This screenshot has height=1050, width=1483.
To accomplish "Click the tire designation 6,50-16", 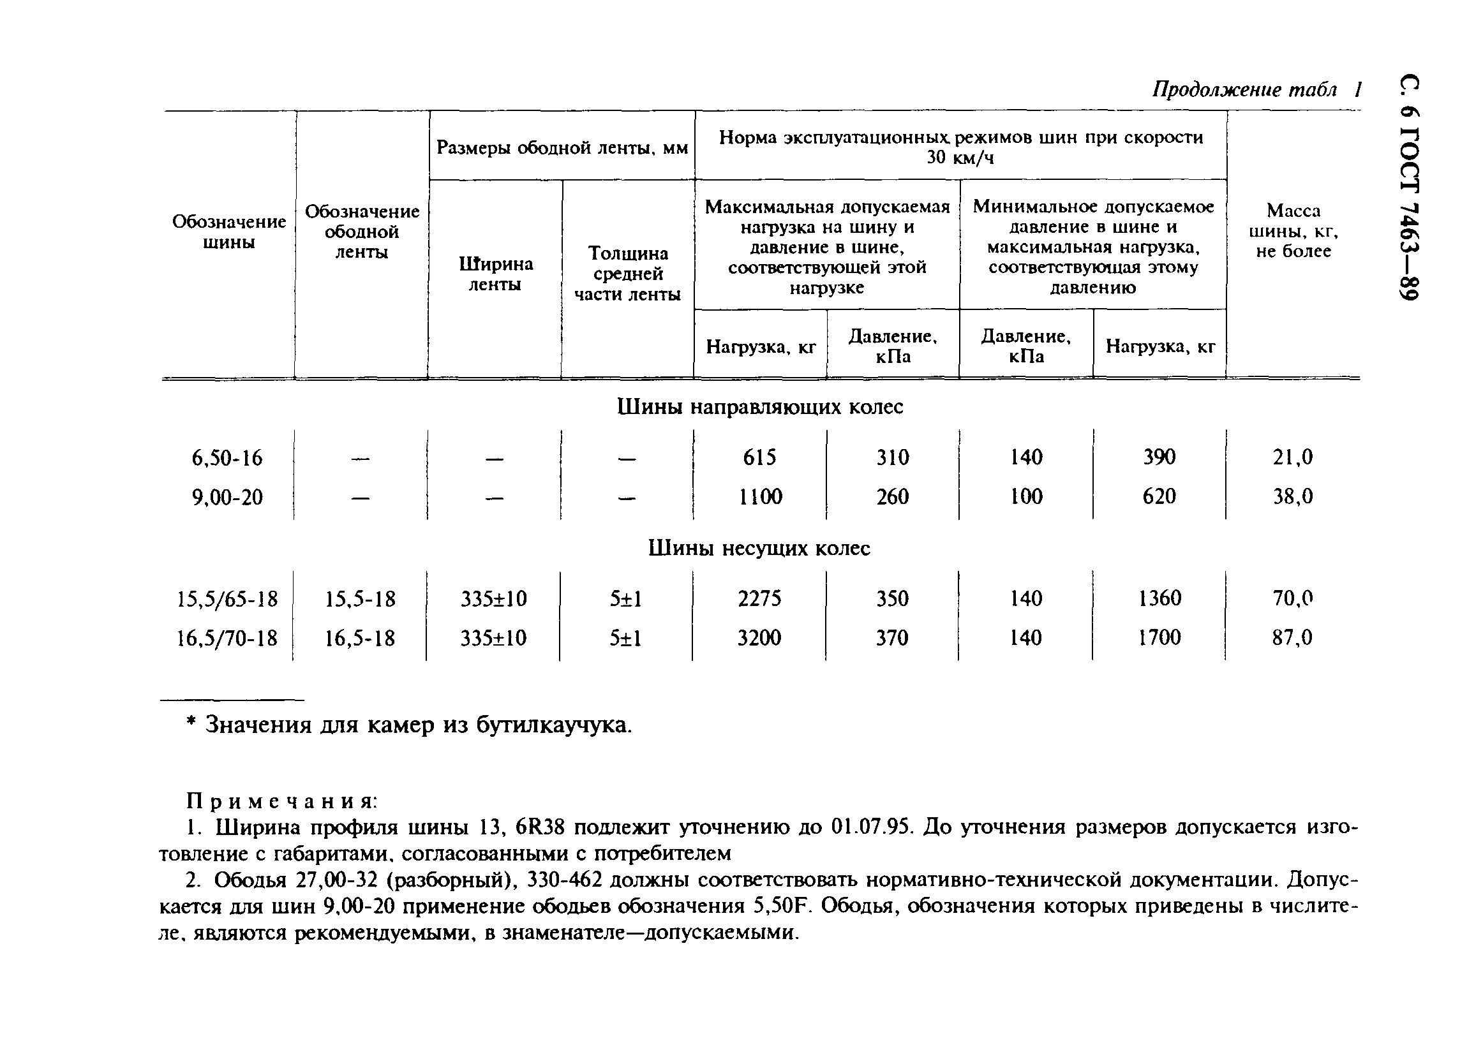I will tap(227, 459).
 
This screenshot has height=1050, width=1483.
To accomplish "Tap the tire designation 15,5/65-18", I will tap(227, 600).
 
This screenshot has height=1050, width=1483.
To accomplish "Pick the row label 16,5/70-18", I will tap(227, 639).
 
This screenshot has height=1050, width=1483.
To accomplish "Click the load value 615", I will tap(759, 458).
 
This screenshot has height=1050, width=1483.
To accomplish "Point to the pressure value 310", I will tap(893, 458).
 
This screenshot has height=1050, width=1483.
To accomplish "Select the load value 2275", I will tap(759, 599).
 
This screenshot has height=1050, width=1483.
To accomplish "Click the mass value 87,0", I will tap(1292, 638).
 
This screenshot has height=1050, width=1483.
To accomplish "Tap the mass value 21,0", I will tap(1292, 458).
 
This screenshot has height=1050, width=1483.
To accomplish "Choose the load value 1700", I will tap(1159, 638).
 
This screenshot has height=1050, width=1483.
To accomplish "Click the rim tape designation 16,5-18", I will tap(360, 639).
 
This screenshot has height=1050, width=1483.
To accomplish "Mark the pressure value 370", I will tap(892, 638).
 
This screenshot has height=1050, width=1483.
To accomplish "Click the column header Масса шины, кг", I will tap(1293, 231).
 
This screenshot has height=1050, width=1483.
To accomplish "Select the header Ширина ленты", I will tap(495, 274).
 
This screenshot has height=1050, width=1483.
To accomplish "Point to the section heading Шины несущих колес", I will tap(759, 548).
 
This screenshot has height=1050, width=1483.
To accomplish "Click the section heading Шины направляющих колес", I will tap(760, 408).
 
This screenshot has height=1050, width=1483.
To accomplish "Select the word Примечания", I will tap(281, 802).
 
